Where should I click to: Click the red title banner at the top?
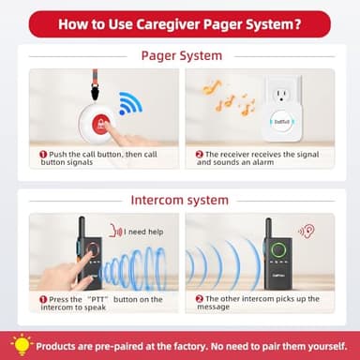(x=179, y=23)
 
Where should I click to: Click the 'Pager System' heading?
(x=181, y=55)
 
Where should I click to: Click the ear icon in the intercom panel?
(x=306, y=228)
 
